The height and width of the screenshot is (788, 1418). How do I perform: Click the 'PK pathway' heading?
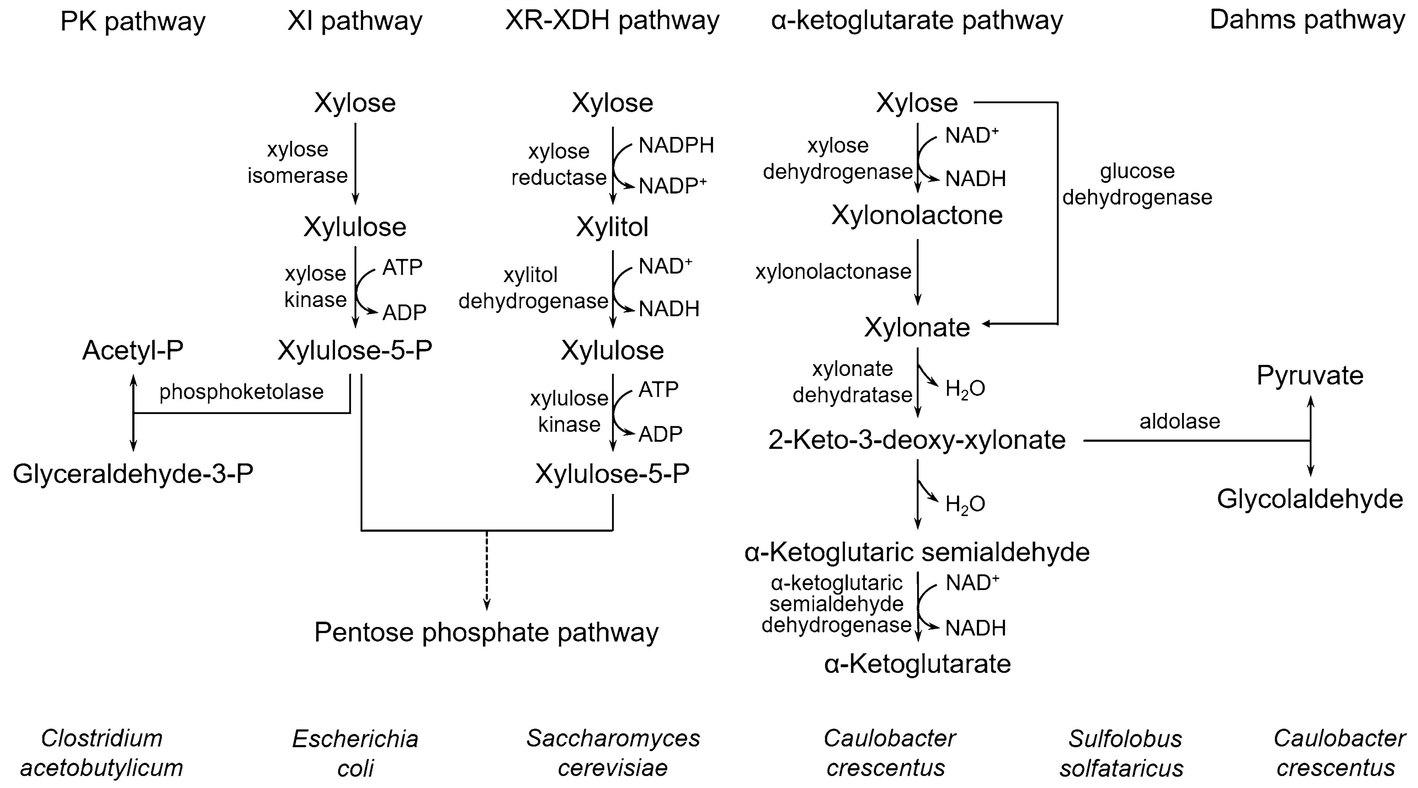133,22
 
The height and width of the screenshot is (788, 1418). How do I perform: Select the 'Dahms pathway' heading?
1307,21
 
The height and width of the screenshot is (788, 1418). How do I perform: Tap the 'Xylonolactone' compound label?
917,215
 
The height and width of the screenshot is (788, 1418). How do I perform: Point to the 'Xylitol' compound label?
612,227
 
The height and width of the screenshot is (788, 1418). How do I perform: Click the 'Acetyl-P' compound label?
133,351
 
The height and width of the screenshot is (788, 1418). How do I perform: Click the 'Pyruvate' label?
1310,376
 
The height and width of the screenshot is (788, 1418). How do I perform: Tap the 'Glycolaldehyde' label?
1310,499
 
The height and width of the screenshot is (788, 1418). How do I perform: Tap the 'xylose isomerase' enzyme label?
297,162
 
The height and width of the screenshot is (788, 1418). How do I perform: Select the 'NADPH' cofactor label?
676,145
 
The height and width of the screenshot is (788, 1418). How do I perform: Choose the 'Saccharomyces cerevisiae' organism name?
613,753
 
